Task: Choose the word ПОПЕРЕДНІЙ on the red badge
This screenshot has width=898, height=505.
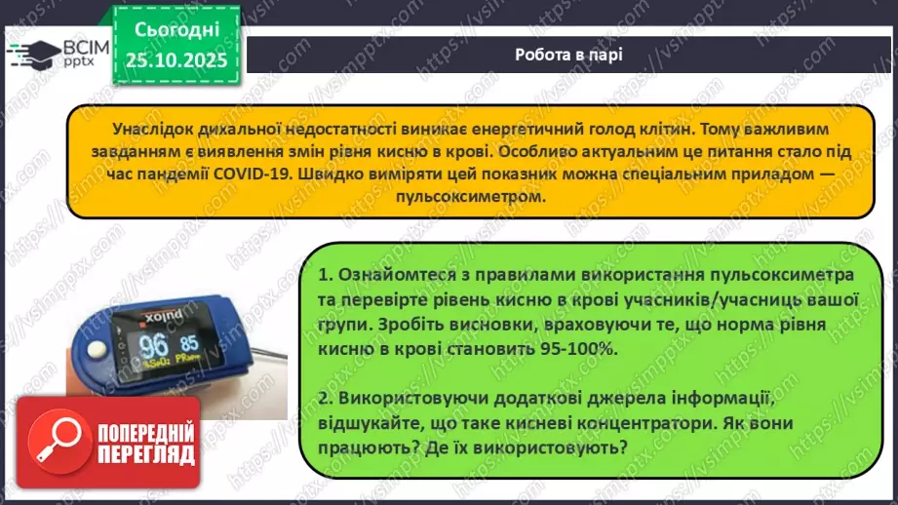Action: pyautogui.click(x=145, y=432)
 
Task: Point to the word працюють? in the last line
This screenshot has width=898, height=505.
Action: pyautogui.click(x=363, y=447)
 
